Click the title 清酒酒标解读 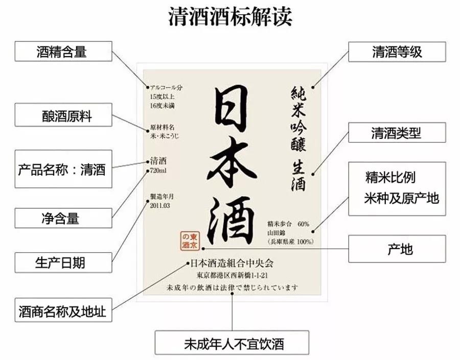230,17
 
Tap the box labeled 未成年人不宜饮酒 232,343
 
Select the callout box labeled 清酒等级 397,52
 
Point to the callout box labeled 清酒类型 397,133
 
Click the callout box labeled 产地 397,249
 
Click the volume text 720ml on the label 158,170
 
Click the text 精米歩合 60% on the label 288,224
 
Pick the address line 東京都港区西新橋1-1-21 233,276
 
